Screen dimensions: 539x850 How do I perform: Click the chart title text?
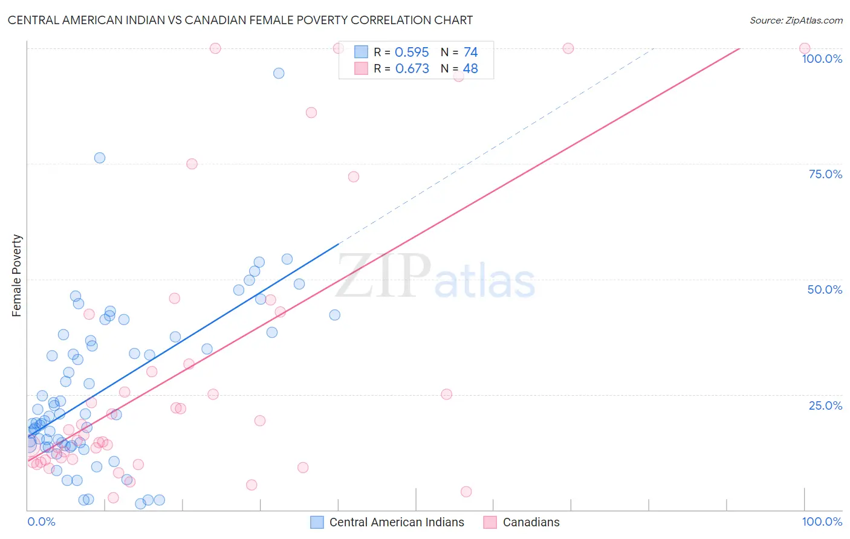click(x=240, y=20)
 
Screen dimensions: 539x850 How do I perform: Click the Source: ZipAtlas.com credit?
click(x=796, y=20)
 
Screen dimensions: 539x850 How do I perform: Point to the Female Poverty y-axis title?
click(x=17, y=276)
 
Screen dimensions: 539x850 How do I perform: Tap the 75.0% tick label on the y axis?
click(x=825, y=174)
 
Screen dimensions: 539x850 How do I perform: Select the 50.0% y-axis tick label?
click(x=825, y=289)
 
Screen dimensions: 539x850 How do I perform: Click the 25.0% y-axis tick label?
click(x=825, y=405)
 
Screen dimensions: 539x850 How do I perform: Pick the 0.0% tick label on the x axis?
click(x=41, y=521)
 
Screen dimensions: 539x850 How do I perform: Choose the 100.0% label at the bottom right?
click(x=822, y=521)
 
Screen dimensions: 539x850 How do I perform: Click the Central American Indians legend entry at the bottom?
click(x=396, y=522)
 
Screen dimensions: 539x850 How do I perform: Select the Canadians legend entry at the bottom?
click(x=531, y=522)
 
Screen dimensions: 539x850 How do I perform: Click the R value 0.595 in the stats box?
click(x=412, y=53)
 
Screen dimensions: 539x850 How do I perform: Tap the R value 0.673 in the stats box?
click(x=412, y=69)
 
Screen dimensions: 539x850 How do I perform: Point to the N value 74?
click(x=470, y=53)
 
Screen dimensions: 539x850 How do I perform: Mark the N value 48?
click(x=470, y=69)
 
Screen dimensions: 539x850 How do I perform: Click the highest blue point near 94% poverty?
click(x=279, y=73)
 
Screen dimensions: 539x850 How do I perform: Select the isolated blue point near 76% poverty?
click(x=100, y=158)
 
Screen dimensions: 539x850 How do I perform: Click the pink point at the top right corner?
click(x=805, y=48)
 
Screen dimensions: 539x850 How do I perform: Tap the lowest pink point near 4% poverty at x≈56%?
click(x=466, y=492)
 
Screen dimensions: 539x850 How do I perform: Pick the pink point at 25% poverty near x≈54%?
click(x=447, y=394)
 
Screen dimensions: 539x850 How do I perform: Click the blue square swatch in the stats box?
click(x=361, y=52)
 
